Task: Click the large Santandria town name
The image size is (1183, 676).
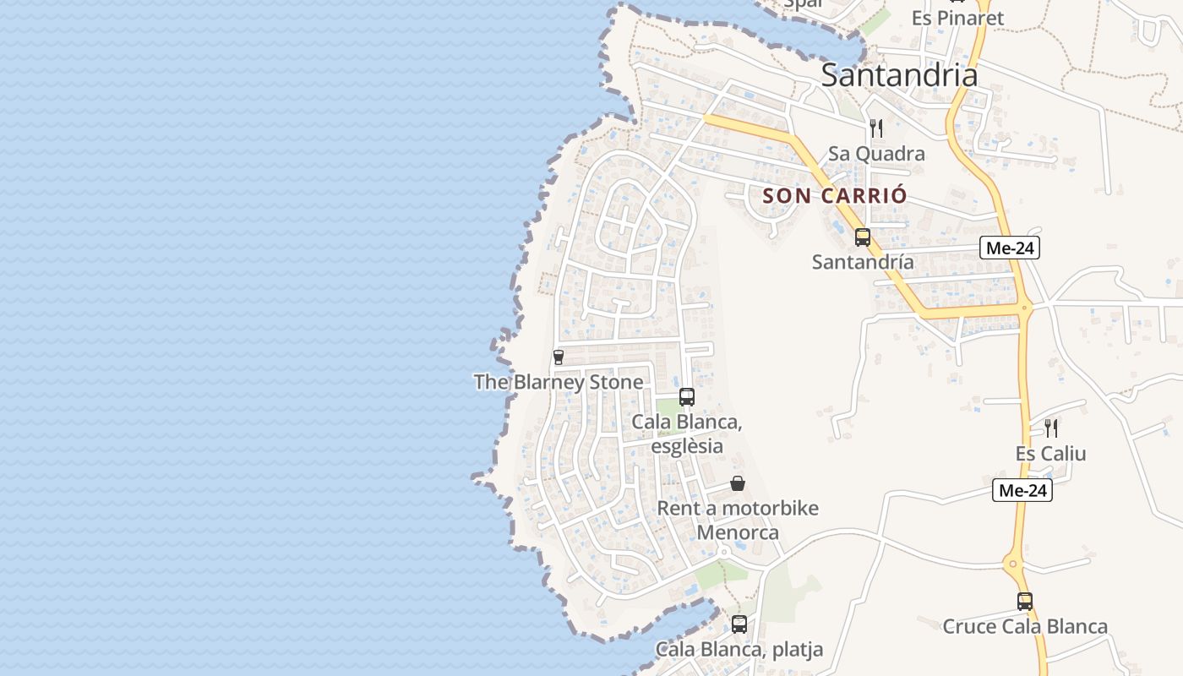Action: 899,75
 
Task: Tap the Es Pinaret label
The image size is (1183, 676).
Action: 957,18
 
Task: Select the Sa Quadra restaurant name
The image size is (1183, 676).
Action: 876,154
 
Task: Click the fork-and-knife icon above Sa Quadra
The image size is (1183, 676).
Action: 876,128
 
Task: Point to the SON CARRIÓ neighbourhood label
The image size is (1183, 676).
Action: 835,196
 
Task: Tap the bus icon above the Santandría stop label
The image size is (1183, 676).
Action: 863,237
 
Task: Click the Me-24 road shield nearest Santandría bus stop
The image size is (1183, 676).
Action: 1010,248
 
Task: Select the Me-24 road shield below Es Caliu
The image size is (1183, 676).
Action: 1022,490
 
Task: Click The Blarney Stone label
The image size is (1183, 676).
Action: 559,382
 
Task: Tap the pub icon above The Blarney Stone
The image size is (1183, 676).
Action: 558,357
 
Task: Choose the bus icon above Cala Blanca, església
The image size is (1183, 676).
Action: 687,397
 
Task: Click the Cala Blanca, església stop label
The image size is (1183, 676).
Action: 687,433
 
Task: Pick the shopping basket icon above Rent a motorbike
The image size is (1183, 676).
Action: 738,483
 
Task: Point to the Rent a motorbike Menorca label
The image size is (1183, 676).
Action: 738,521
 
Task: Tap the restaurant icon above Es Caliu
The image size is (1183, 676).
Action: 1051,428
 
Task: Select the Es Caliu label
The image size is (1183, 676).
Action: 1051,454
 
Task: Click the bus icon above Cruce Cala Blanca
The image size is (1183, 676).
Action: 1025,602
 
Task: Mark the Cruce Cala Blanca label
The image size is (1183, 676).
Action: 1025,627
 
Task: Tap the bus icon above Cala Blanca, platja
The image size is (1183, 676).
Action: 739,624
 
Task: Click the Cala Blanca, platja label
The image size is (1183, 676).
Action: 739,650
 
